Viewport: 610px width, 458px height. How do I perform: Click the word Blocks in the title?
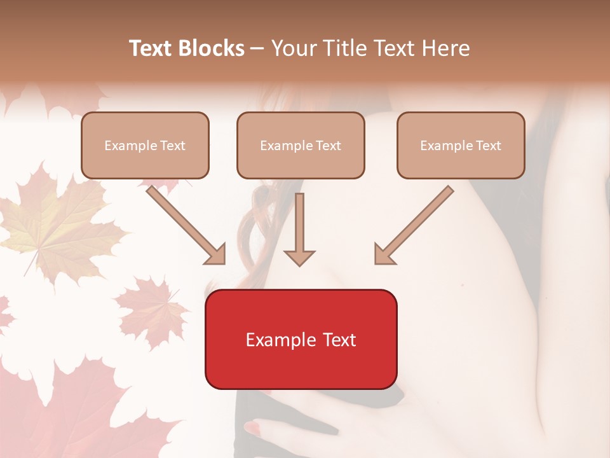pyautogui.click(x=211, y=48)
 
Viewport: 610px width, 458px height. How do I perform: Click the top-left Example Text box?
pyautogui.click(x=145, y=145)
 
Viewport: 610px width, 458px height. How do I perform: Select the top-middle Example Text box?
pyautogui.click(x=301, y=145)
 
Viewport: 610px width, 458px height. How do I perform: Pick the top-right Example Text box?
pyautogui.click(x=461, y=145)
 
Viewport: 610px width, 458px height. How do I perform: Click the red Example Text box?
pyautogui.click(x=301, y=339)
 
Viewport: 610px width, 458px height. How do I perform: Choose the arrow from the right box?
pyautogui.click(x=413, y=226)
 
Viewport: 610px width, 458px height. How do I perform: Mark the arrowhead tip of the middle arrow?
pyautogui.click(x=299, y=265)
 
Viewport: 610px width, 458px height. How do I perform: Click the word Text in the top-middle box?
pyautogui.click(x=328, y=146)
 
